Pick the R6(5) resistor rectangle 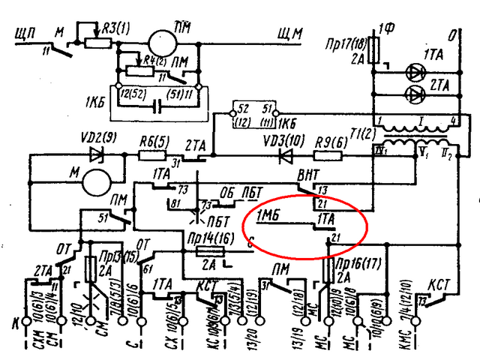[x=152, y=156]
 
